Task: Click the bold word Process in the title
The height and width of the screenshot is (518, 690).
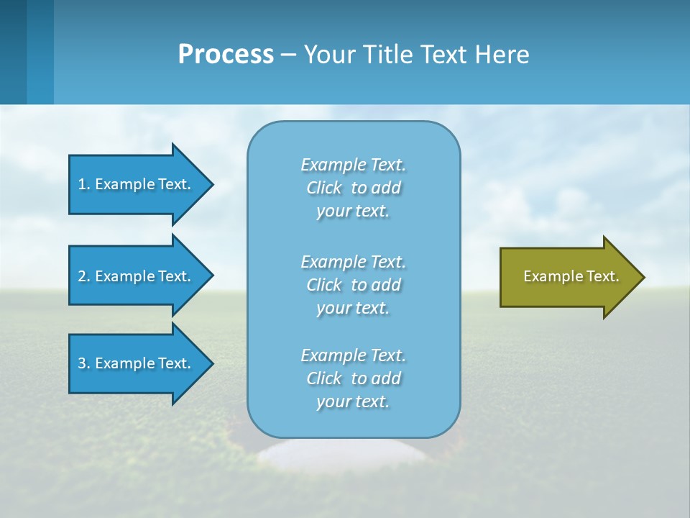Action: [x=226, y=55]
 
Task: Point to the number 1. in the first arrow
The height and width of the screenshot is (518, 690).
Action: [x=84, y=184]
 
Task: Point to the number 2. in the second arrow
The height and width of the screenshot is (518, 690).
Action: [x=84, y=276]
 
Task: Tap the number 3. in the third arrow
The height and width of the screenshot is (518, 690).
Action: [x=84, y=363]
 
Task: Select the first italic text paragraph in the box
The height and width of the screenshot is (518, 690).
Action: [x=353, y=188]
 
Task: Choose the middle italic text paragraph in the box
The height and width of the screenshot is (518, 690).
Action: [x=353, y=285]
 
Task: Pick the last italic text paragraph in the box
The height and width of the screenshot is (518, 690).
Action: [x=353, y=378]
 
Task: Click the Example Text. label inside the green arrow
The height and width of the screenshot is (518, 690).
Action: [x=571, y=276]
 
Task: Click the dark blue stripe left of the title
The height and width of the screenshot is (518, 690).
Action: [x=13, y=52]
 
